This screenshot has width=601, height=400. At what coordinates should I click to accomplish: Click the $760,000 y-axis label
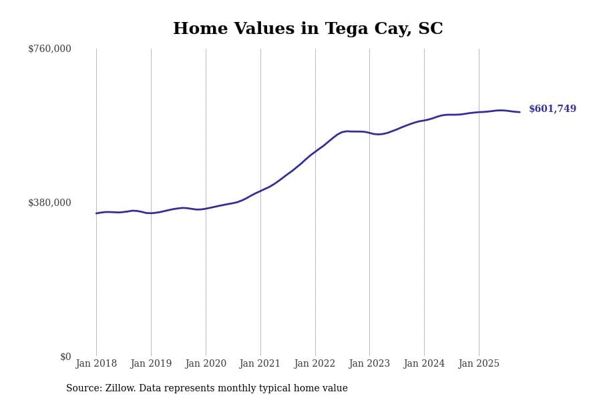point(49,49)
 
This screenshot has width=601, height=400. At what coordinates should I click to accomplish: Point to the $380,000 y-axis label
point(49,203)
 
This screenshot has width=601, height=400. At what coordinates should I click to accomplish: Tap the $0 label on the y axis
point(65,357)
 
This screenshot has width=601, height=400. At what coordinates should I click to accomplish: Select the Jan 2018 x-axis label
point(96,364)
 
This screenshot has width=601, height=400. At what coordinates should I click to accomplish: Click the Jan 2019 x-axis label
point(151,364)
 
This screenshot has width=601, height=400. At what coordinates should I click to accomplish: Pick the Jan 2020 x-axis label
point(206,364)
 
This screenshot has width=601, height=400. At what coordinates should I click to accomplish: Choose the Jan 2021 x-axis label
point(260,364)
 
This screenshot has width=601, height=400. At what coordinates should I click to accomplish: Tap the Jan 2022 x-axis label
point(315,364)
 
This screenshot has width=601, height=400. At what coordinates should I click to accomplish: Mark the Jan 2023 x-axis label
point(369,364)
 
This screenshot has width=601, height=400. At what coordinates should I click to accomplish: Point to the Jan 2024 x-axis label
point(424,364)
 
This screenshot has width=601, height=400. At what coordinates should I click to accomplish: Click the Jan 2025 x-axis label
point(479,364)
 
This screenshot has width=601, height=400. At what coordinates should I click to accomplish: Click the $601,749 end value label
point(552,109)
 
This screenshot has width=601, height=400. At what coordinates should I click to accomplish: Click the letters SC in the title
point(431,29)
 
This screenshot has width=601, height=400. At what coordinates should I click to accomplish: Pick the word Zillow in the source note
point(119,389)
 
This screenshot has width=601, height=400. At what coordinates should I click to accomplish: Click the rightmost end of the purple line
point(520,112)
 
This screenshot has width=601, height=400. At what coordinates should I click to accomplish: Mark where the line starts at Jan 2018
point(96,213)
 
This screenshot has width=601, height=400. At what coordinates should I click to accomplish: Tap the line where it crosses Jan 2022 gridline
point(315,152)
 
